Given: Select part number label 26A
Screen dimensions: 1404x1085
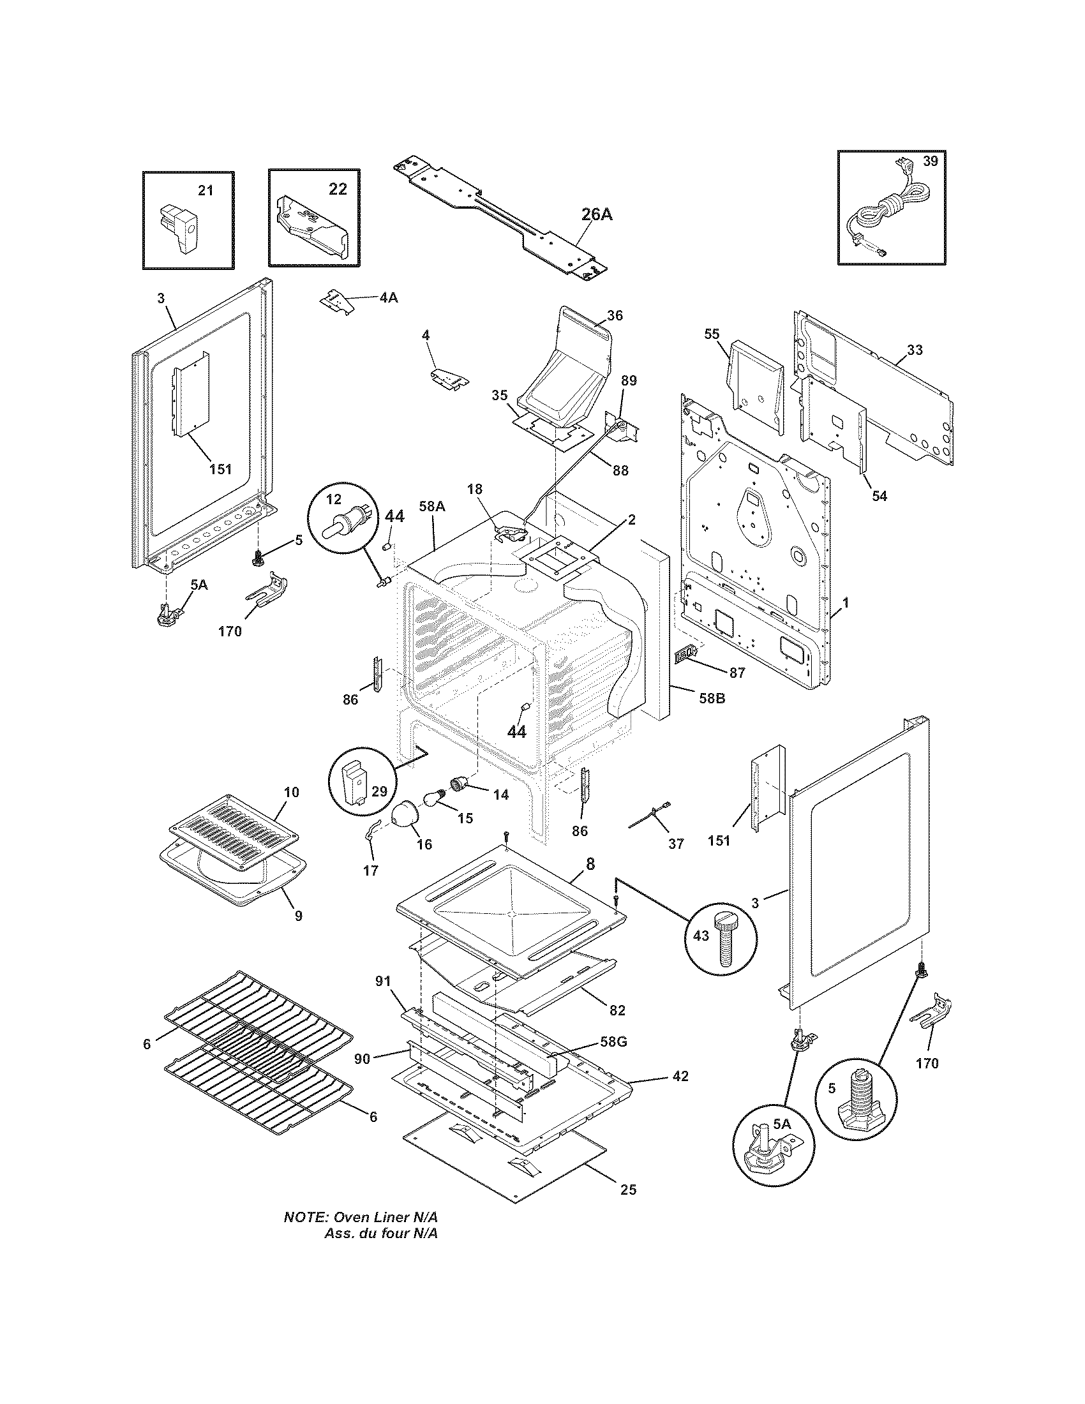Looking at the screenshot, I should coord(597,214).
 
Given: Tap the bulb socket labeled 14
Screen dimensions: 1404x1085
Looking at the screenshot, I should coord(459,784).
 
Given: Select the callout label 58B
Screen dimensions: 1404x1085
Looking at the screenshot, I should coord(711,698).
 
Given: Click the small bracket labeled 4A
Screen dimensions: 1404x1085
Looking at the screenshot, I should coord(338,301).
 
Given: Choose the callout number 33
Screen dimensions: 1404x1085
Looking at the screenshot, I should coord(915,350).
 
